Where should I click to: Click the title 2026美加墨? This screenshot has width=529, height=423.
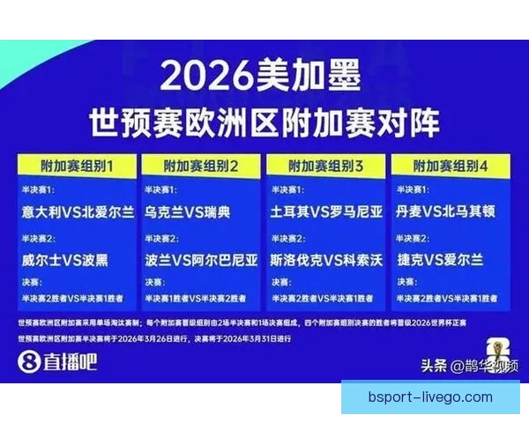262,78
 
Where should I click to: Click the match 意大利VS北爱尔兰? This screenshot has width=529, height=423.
79,213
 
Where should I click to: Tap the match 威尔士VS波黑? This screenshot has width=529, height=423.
66,260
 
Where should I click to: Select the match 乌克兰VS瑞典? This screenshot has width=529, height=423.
188,213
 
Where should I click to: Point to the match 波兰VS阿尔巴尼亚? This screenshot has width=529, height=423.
202,260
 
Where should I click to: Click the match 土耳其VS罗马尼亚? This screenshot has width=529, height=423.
327,213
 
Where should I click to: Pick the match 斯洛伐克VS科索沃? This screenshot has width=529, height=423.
327,260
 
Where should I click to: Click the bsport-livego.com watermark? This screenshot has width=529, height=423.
430,397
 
